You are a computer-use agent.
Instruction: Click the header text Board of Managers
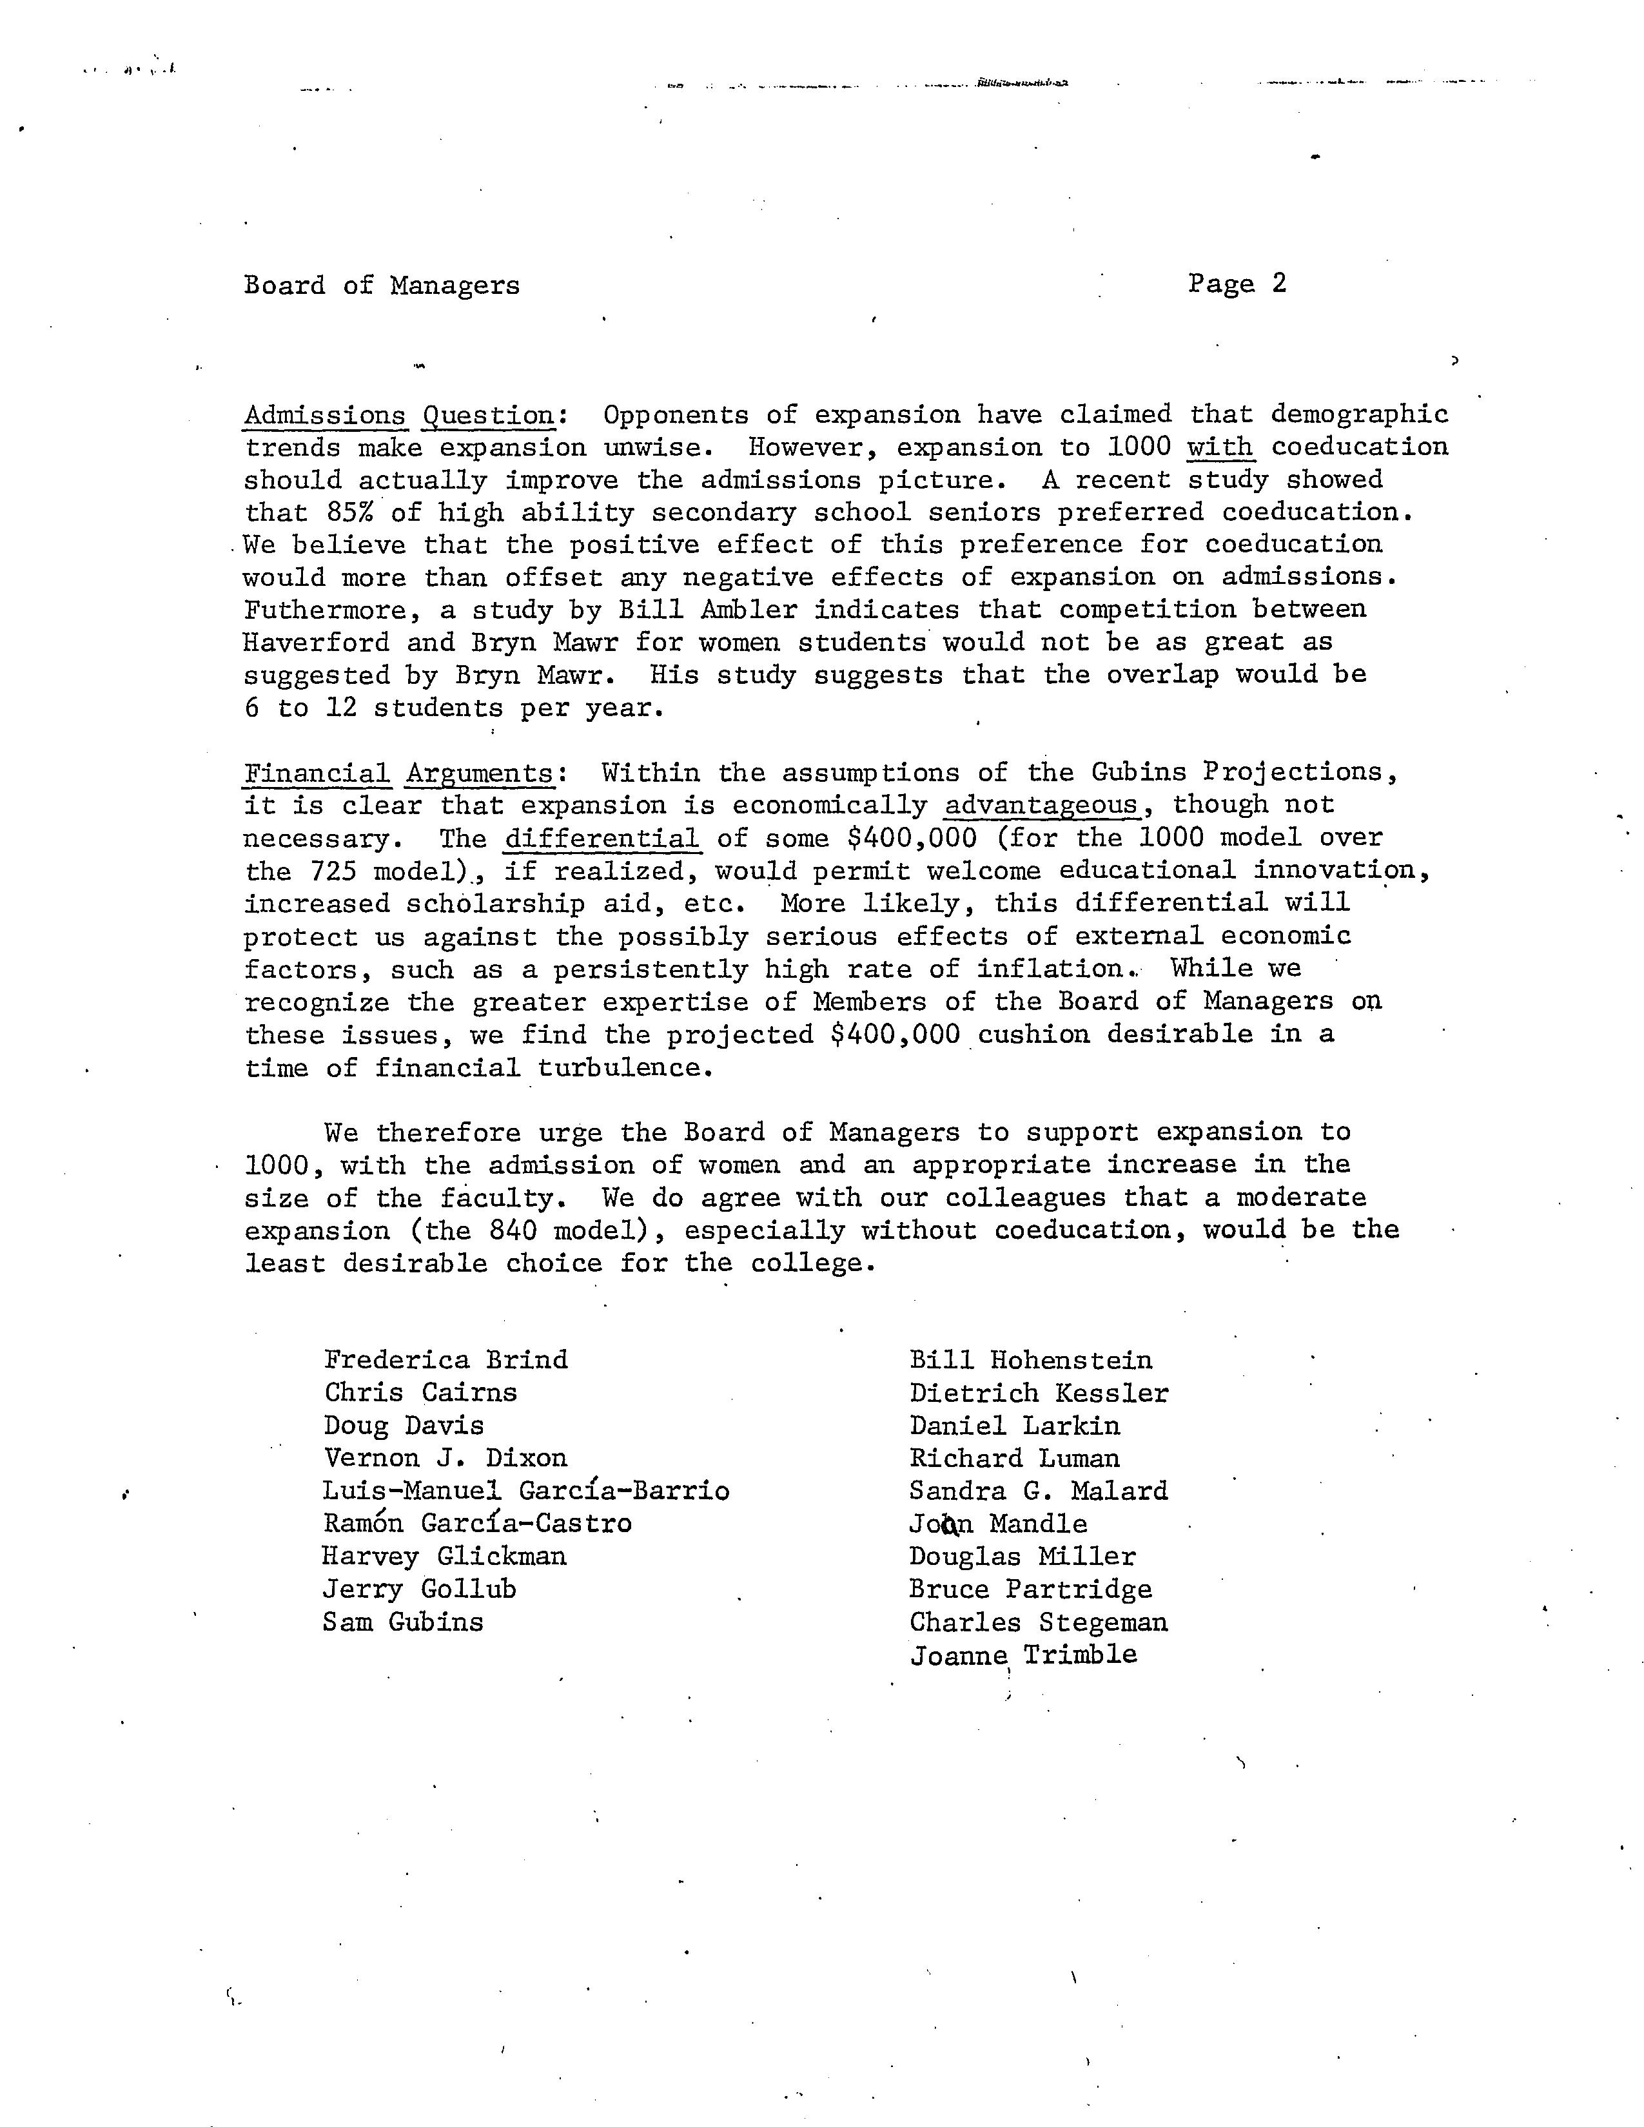[x=381, y=286]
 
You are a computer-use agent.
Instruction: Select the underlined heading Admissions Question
[x=399, y=416]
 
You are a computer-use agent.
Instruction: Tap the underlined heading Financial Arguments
[x=399, y=773]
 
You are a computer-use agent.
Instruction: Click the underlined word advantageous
[x=1041, y=806]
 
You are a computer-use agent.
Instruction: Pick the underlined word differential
[x=602, y=839]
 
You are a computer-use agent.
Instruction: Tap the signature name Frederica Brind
[x=445, y=1359]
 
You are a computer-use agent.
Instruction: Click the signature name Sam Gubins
[x=402, y=1622]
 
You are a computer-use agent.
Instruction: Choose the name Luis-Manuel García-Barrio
[x=526, y=1490]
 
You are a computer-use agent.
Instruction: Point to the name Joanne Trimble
[x=1023, y=1655]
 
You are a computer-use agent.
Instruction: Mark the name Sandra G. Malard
[x=1038, y=1491]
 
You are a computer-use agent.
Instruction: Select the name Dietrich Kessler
[x=1038, y=1394]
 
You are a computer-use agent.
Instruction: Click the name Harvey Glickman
[x=444, y=1557]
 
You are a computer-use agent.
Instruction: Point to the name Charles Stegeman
[x=1038, y=1622]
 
